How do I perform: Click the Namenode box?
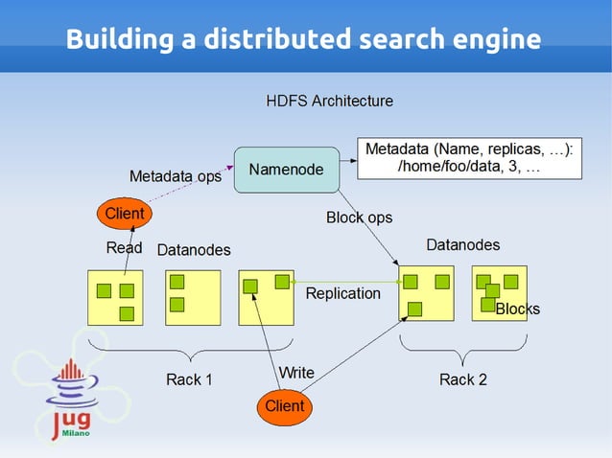(x=287, y=170)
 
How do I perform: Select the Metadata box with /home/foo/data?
(x=469, y=159)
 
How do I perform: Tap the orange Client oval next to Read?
(x=125, y=213)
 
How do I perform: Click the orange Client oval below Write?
(x=285, y=405)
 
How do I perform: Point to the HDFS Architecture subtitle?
(x=329, y=101)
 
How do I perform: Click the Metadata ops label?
(x=176, y=176)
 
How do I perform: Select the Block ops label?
(x=359, y=218)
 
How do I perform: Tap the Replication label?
(x=342, y=293)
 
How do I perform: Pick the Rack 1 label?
(x=189, y=379)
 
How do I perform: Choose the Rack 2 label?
(x=463, y=379)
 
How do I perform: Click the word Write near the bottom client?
(x=295, y=372)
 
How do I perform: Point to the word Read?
(x=124, y=248)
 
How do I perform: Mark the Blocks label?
(x=518, y=309)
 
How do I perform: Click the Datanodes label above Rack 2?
(x=463, y=245)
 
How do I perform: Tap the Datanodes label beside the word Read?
(x=194, y=250)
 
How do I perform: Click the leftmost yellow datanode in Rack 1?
(x=114, y=297)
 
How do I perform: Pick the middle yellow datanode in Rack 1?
(x=193, y=297)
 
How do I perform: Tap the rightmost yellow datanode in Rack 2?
(x=499, y=292)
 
